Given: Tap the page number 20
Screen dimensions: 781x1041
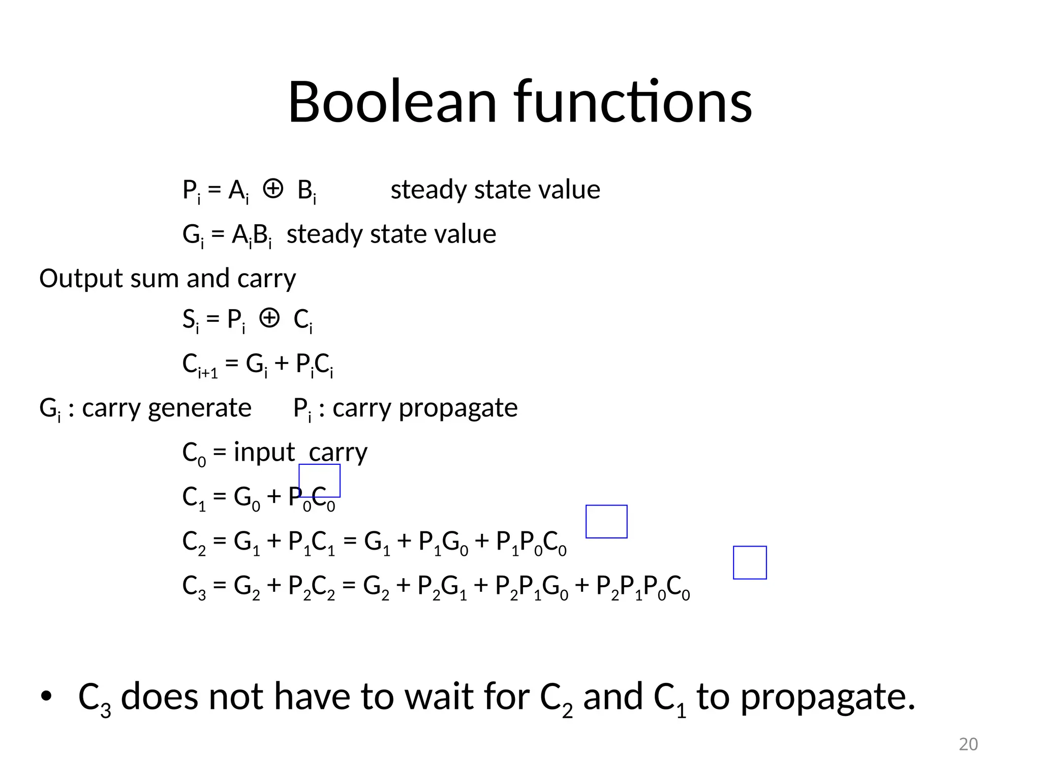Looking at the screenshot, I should point(968,744).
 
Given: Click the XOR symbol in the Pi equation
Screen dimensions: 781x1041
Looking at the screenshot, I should point(272,189).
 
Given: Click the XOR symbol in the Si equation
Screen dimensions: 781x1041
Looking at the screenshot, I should point(269,319).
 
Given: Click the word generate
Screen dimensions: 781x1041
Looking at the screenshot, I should point(199,408).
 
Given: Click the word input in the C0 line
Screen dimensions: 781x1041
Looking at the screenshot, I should point(264,452).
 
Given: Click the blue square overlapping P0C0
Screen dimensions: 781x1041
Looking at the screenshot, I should point(319,480).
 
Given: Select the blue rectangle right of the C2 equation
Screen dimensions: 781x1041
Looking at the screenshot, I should point(606,521).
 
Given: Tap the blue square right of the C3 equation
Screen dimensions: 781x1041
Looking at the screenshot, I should point(750,562).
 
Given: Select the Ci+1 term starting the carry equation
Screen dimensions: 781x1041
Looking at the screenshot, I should point(200,365).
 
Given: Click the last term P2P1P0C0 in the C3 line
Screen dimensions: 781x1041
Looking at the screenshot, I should point(642,587).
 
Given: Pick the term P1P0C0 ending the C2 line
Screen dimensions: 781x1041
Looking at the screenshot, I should point(531,543).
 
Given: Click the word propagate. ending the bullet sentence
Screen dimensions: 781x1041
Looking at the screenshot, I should point(828,698).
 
